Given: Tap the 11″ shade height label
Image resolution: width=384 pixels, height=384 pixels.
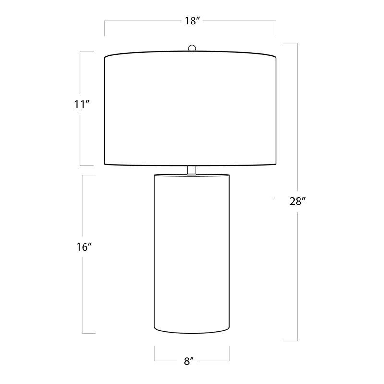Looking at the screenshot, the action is [x=82, y=105].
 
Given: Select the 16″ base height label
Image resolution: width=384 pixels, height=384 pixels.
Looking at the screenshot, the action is [x=84, y=247].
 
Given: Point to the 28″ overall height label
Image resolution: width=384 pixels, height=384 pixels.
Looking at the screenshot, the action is [x=298, y=202].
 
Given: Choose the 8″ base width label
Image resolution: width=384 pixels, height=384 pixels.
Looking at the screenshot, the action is [x=189, y=361].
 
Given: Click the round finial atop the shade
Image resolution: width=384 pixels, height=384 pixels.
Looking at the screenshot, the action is [x=192, y=48].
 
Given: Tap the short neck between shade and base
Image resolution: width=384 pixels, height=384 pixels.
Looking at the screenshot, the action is [x=192, y=170].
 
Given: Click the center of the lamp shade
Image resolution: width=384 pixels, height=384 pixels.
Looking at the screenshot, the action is [x=190, y=108].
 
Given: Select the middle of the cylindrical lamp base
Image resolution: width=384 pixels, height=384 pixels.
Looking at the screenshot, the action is [x=192, y=254].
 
